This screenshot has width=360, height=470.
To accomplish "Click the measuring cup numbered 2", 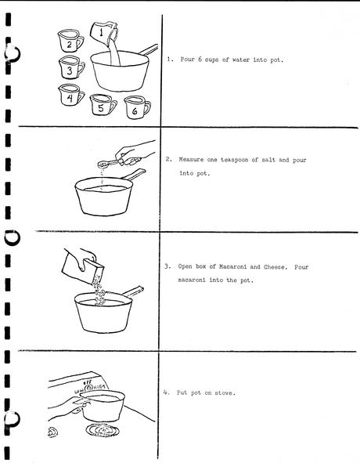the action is pos(70,41).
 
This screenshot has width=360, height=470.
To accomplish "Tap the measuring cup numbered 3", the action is pos(71,67).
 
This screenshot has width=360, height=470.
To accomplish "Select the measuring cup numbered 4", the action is pos(71,95).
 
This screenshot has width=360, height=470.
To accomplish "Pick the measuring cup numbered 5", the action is pos(103,105).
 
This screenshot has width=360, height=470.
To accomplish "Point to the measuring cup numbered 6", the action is pos(137,107).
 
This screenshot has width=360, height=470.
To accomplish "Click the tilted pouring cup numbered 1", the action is pos(104,32).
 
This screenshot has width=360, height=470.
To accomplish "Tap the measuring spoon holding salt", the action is pos(110,164).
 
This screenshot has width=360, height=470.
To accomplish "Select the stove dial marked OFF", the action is pos(88,388).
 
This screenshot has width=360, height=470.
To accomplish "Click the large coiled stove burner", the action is pos(103,430).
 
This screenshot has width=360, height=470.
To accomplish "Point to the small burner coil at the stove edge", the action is pos(52,432).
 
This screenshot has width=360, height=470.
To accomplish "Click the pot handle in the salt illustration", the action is pos(134,175).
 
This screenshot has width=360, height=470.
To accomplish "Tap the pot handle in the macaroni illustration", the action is pos(133,291).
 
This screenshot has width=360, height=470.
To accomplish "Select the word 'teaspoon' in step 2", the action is pos(235,160).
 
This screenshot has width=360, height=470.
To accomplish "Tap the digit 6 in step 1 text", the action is pos(200,59).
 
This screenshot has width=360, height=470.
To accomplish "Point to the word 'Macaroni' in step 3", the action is pos(232,266).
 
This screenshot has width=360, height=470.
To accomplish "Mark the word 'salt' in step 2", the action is pos(268,160).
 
